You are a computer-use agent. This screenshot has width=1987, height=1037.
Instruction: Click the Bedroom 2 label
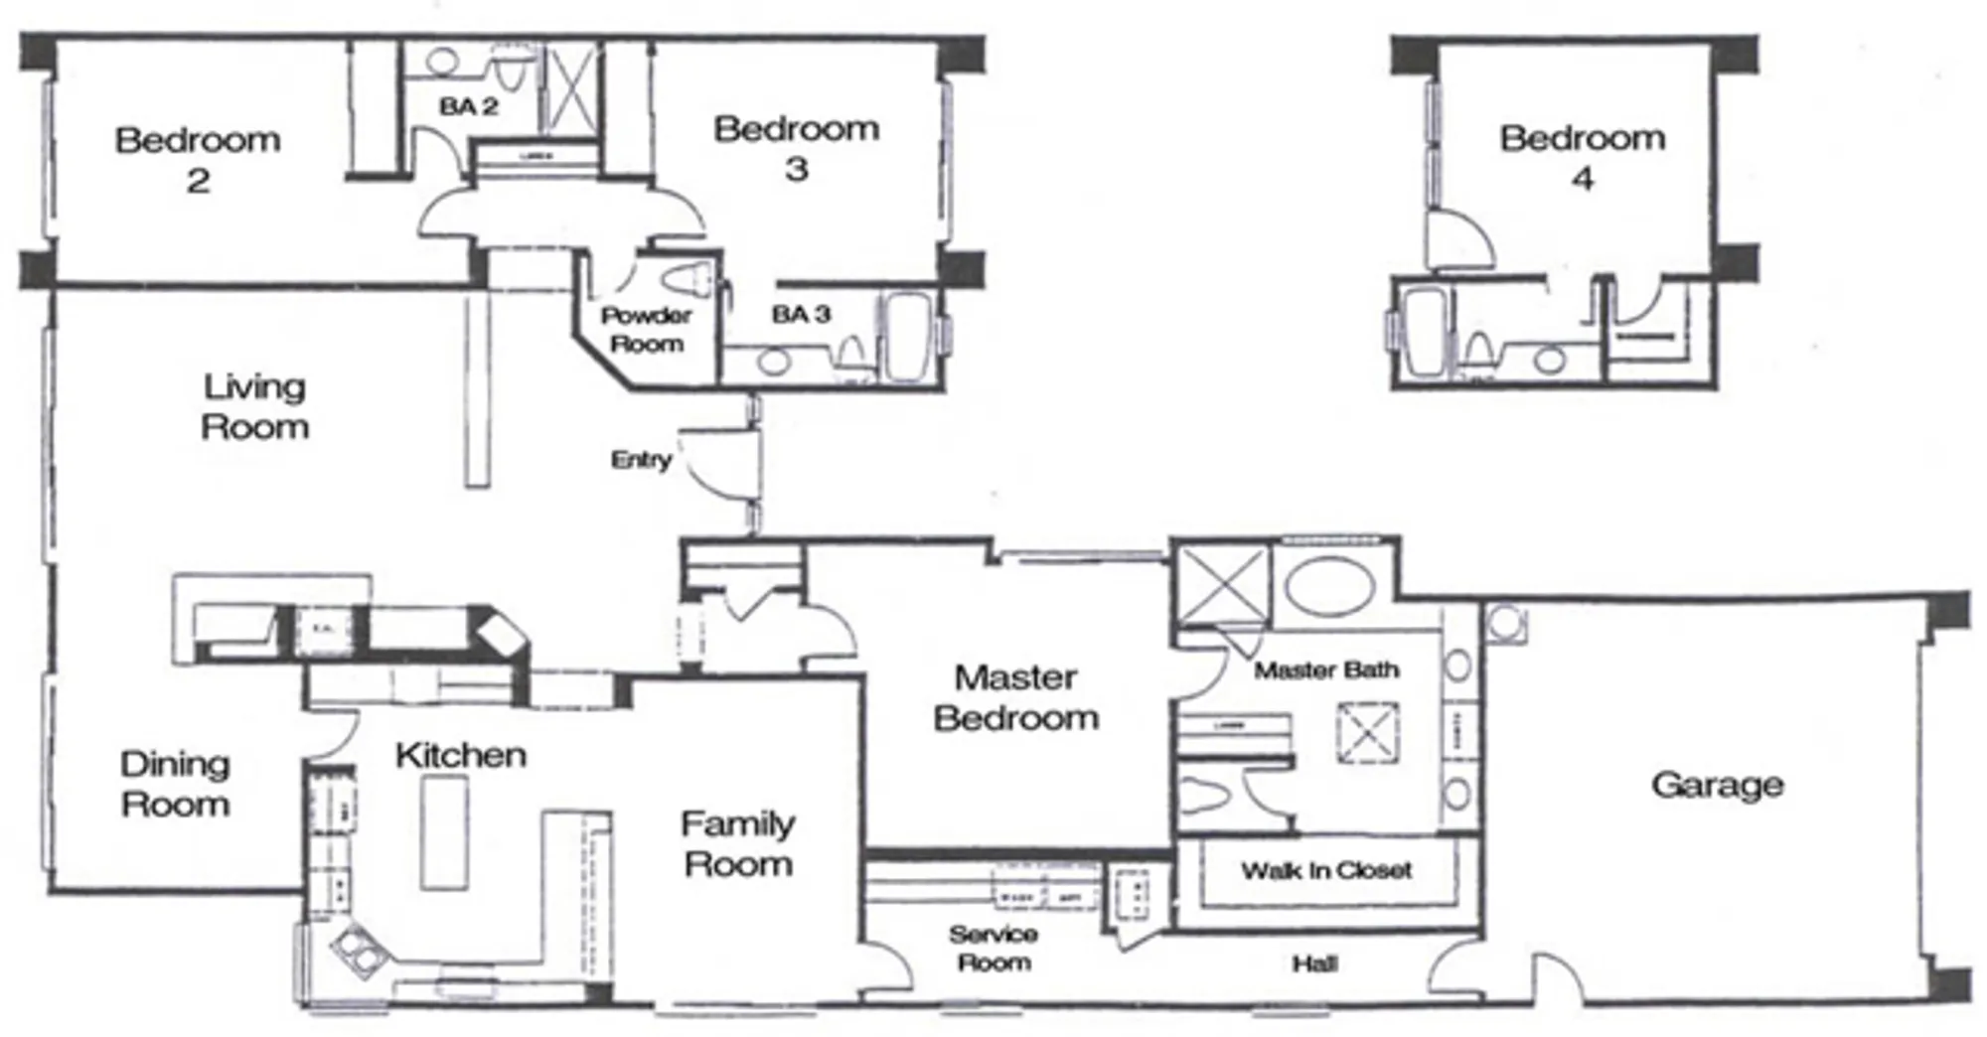pos(198,159)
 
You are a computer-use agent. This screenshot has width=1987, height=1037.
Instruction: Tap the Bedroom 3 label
pos(796,148)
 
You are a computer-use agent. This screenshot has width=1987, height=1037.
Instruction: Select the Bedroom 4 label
pos(1582,157)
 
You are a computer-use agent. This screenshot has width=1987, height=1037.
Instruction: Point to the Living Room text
pos(254,406)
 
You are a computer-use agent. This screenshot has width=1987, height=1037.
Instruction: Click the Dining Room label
pos(175,784)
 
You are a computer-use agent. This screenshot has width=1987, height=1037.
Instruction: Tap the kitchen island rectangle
pos(444,832)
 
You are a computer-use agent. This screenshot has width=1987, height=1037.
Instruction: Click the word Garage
pos(1717,785)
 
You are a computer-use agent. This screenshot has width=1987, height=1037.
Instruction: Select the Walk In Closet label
pos(1325,871)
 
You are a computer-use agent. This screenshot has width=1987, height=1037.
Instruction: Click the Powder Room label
pos(646,330)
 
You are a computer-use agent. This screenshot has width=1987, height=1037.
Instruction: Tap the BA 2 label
pos(468,105)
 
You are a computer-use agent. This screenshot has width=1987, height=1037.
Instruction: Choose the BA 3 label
pos(801,314)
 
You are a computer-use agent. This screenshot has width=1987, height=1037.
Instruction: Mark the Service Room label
pos(993,948)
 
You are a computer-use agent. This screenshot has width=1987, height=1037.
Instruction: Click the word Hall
pos(1313,963)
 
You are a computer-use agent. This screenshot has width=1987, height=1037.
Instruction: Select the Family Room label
pos(737,843)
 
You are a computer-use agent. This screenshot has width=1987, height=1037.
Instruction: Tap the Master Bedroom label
pos(1015,697)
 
